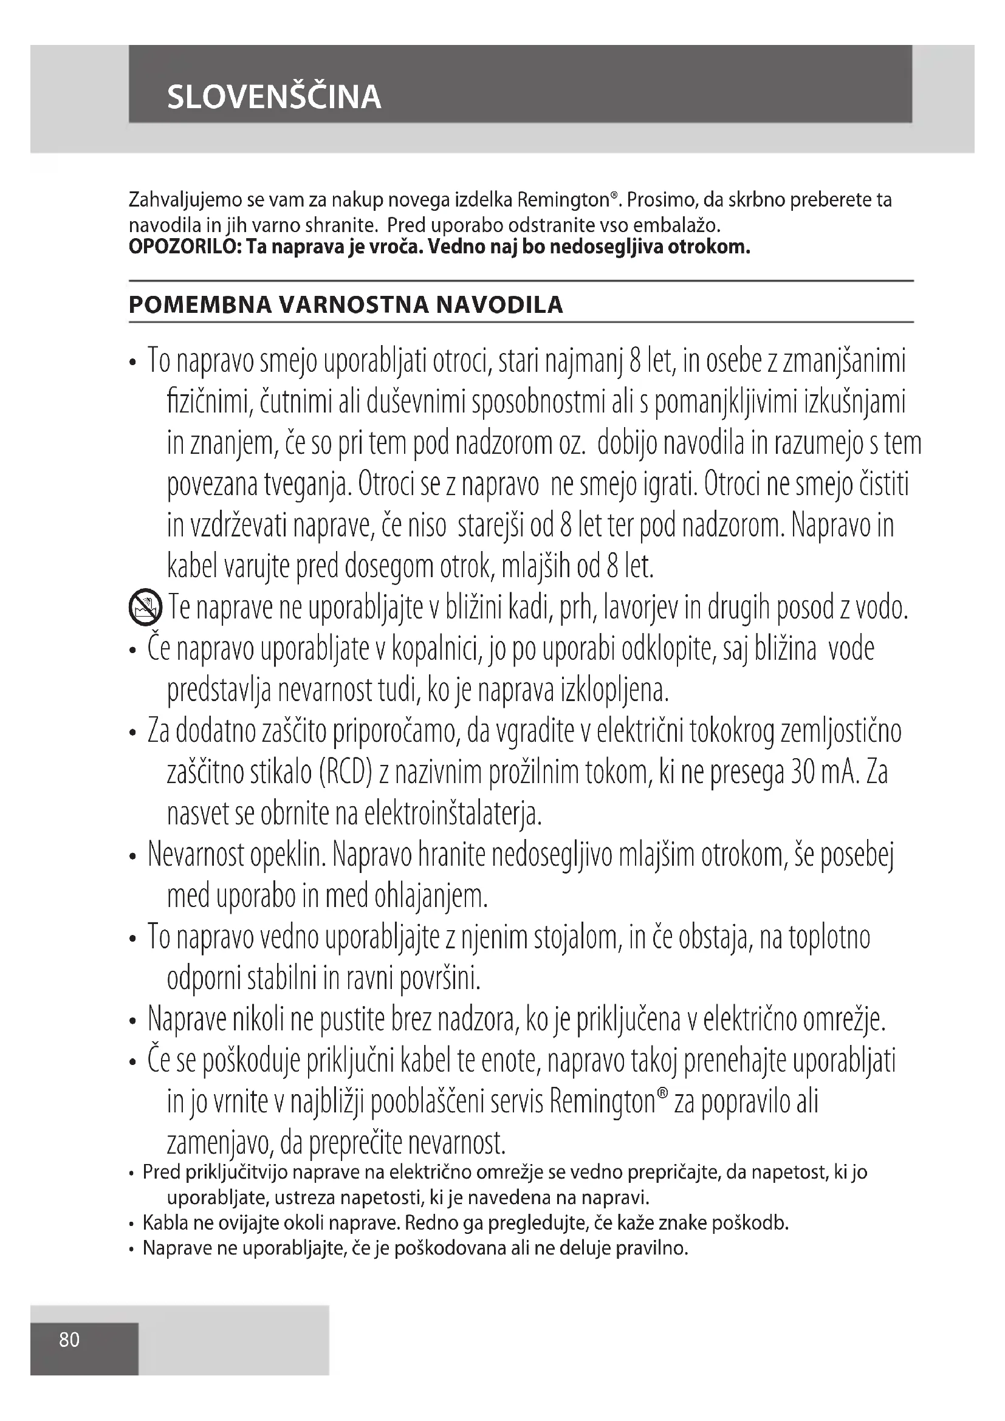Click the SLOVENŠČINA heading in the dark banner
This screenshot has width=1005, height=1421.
[273, 97]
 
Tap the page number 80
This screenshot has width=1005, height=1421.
[69, 1340]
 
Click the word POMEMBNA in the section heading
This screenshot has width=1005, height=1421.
[199, 305]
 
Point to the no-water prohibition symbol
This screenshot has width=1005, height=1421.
[145, 607]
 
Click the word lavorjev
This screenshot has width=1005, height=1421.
[640, 608]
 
